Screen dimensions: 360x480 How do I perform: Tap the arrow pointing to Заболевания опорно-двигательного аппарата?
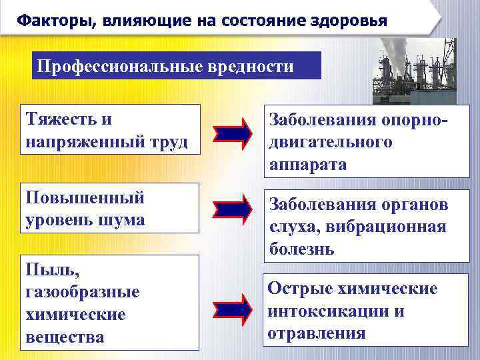click(233, 133)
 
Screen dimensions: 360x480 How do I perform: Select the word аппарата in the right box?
click(309, 164)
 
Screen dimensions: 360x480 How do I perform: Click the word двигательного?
click(331, 142)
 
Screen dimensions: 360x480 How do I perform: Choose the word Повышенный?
click(85, 198)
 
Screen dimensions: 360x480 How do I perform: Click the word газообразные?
click(82, 292)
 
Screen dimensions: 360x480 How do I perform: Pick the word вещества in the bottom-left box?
click(65, 337)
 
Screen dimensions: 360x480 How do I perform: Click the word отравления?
click(317, 333)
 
